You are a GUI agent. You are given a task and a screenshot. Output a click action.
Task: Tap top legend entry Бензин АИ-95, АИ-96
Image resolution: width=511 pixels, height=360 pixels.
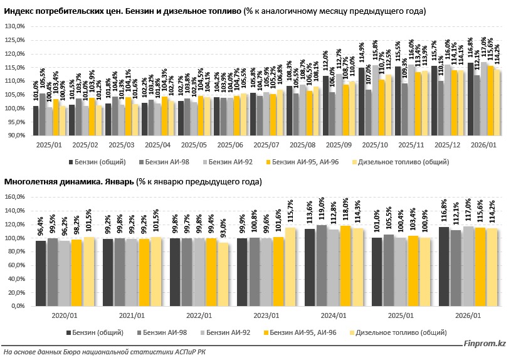pyautogui.click(x=302, y=162)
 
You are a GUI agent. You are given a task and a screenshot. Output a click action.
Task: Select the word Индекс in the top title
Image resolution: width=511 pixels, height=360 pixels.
pyautogui.click(x=19, y=11)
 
